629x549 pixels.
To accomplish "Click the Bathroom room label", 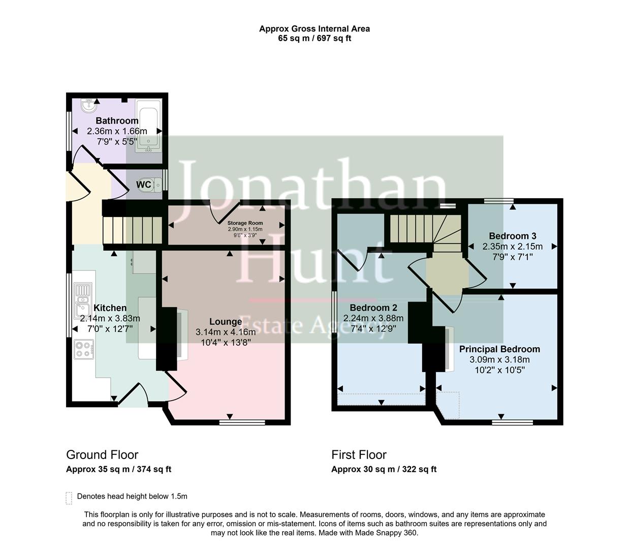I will pyautogui.click(x=117, y=121).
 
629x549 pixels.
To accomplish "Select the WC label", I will pyautogui.click(x=144, y=185).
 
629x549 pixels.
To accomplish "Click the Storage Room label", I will pyautogui.click(x=245, y=223).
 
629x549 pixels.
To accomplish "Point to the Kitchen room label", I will pyautogui.click(x=110, y=308).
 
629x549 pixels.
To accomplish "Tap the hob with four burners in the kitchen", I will pyautogui.click(x=83, y=349).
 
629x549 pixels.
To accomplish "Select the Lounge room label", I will pyautogui.click(x=226, y=322).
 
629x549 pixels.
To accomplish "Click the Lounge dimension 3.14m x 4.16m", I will pyautogui.click(x=226, y=332).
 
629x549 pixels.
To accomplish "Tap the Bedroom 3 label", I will pyautogui.click(x=512, y=236).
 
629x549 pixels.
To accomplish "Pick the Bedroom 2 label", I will pyautogui.click(x=373, y=308).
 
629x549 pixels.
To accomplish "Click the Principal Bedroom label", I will pyautogui.click(x=499, y=349).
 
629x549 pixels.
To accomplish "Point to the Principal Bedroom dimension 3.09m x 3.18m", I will pyautogui.click(x=499, y=360).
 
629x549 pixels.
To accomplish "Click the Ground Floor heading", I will pyautogui.click(x=102, y=455).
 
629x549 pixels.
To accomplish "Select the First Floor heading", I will pyautogui.click(x=359, y=455).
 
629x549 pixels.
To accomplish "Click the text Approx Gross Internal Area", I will pyautogui.click(x=314, y=29).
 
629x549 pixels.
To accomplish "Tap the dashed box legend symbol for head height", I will pyautogui.click(x=69, y=498).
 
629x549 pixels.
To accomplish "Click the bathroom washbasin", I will pyautogui.click(x=90, y=106).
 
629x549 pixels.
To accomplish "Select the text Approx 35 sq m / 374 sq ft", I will pyautogui.click(x=118, y=469).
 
